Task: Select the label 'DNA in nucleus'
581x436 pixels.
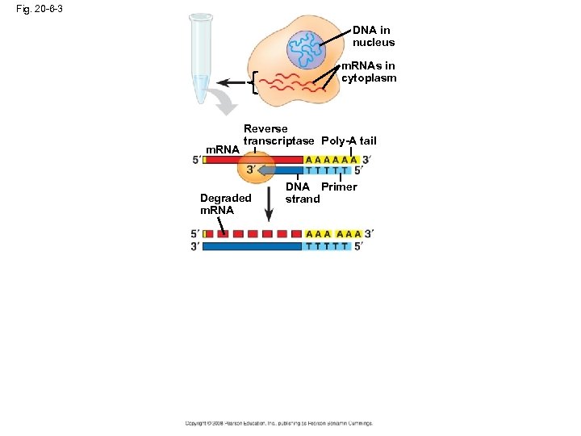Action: (x=373, y=36)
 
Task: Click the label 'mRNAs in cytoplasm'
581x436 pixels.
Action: (x=370, y=73)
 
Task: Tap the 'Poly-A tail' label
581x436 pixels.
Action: (x=349, y=141)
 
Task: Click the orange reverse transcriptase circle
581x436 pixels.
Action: (x=257, y=168)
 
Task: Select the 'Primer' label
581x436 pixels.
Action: (x=339, y=187)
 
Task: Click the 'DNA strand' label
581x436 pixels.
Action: (x=303, y=193)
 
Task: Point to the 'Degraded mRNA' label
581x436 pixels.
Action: (x=226, y=204)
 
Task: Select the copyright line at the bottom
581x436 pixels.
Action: (x=278, y=423)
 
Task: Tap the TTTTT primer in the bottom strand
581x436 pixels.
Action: (x=328, y=246)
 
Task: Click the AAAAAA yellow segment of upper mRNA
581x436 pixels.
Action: (x=331, y=160)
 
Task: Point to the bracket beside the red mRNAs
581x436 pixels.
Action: (x=255, y=82)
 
